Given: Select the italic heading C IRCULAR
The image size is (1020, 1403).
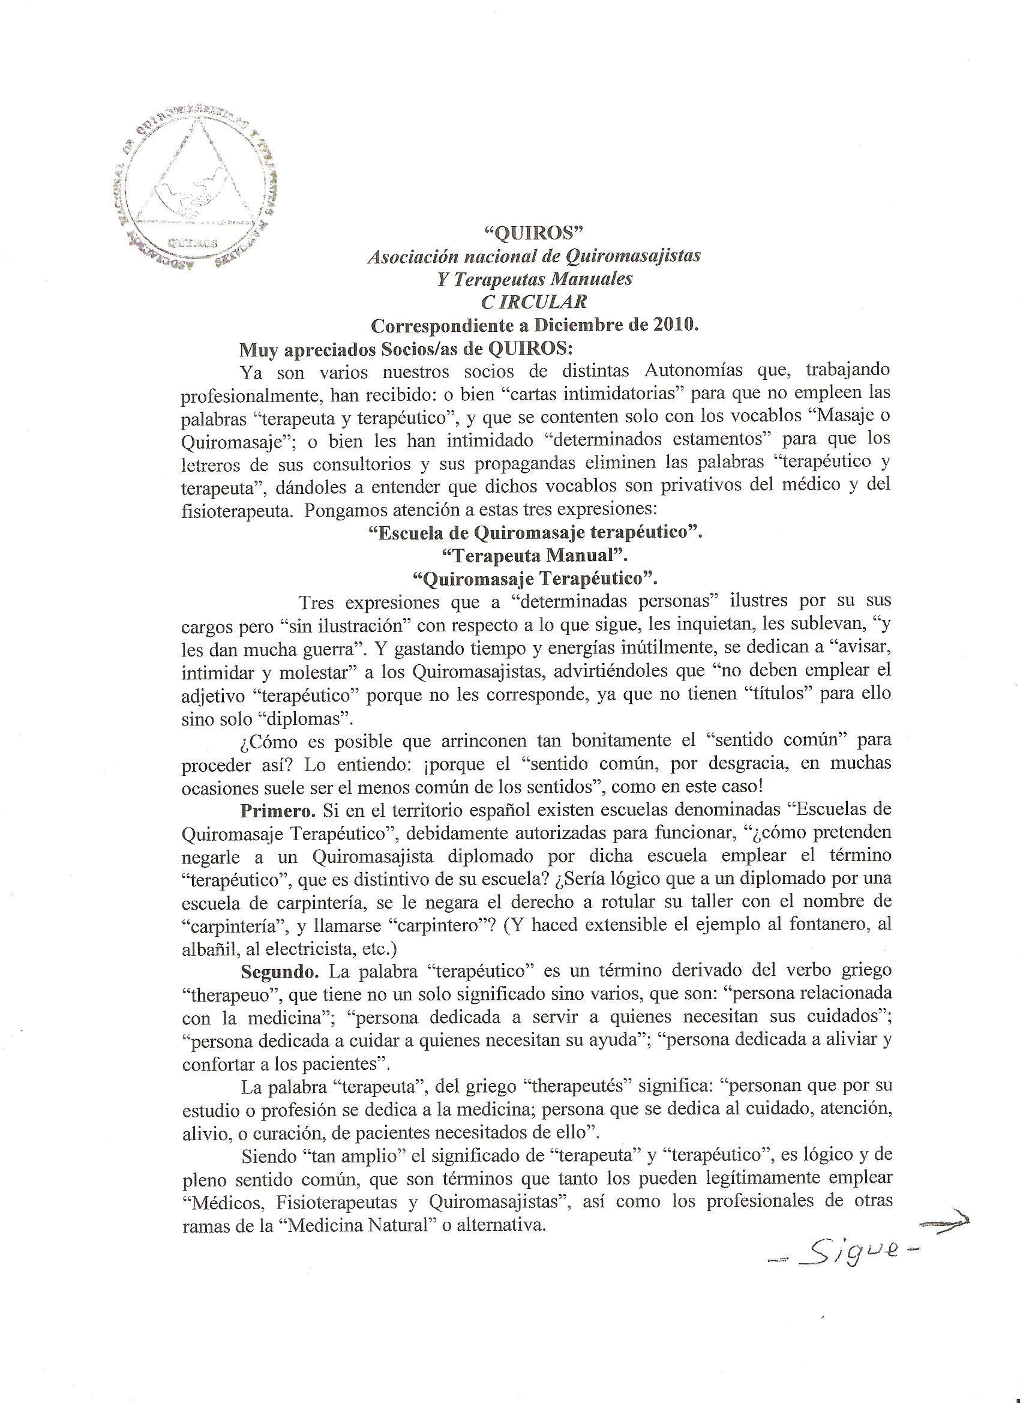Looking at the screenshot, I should tap(533, 302).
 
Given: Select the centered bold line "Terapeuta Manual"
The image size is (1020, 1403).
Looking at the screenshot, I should tap(533, 555).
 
